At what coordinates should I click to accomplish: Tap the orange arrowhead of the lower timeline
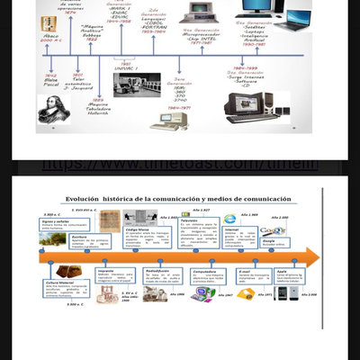click(x=316, y=256)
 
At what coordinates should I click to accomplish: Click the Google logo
click(x=274, y=231)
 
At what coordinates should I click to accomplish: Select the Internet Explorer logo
click(x=229, y=219)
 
